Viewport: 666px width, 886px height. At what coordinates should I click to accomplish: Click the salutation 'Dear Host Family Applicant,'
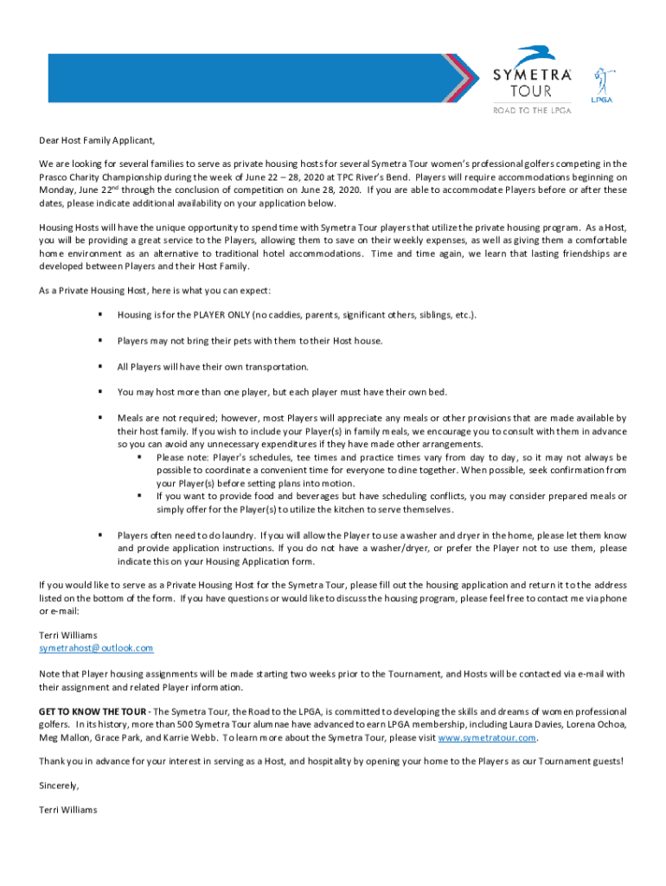(96, 141)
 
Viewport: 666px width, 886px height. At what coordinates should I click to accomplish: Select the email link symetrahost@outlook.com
(96, 648)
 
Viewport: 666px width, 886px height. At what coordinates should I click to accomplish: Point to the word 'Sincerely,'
(59, 786)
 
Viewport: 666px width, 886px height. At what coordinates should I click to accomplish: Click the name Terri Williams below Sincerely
(68, 810)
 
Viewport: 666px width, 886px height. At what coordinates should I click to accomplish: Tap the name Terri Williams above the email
(68, 634)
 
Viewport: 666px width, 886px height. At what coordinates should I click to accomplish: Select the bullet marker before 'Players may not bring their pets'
(100, 341)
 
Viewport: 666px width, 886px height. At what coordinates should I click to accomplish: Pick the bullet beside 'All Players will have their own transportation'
(100, 367)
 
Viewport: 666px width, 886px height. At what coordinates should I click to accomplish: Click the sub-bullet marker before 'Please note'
(138, 457)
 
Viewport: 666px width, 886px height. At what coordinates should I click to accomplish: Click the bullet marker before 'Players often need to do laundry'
(100, 536)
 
